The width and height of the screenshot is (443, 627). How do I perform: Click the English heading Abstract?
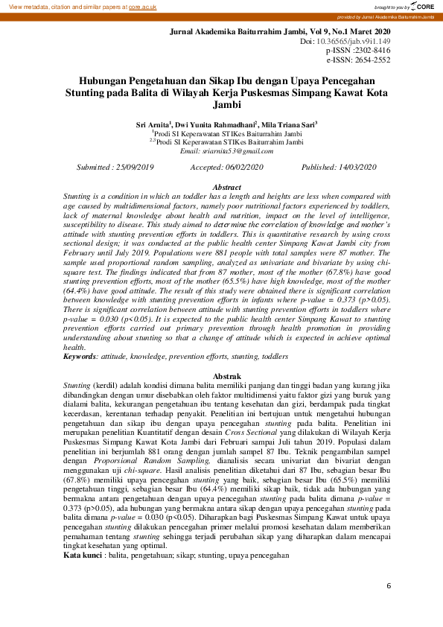click(x=227, y=187)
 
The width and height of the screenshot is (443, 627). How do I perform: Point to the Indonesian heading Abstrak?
click(x=227, y=377)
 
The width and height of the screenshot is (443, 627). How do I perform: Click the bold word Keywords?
click(x=80, y=357)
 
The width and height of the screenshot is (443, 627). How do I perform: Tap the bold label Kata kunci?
click(x=83, y=555)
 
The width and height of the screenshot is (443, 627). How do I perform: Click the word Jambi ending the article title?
click(x=227, y=106)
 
